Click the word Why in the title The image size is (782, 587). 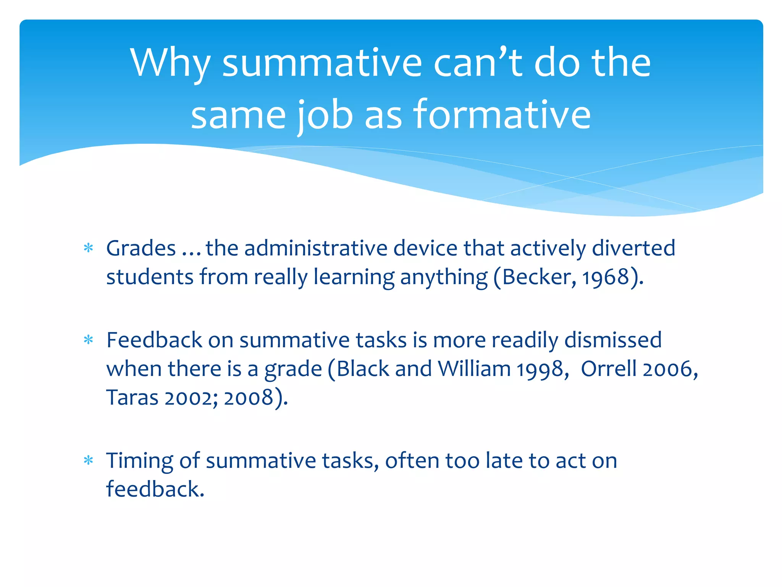pos(170,63)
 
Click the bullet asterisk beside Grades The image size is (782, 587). pos(89,248)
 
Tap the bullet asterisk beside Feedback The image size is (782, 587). pos(89,340)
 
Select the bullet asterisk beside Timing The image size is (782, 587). pos(89,460)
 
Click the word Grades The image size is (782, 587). pos(141,248)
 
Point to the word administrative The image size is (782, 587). pos(316,248)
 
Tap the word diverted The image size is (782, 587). pos(633,248)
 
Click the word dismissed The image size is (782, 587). pos(613,340)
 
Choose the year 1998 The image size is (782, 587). pos(540,370)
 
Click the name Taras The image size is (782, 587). pos(132,397)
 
